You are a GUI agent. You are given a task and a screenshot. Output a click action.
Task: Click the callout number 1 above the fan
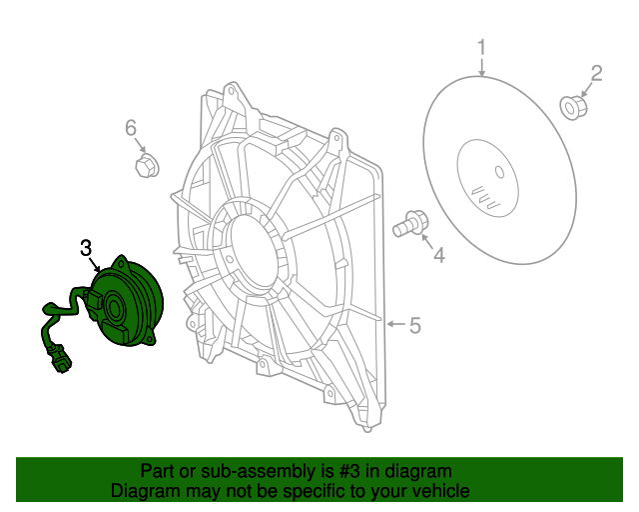pyautogui.click(x=482, y=47)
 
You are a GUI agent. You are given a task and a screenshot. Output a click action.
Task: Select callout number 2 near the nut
pyautogui.click(x=596, y=73)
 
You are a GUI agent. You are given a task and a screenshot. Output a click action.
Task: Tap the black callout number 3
pyautogui.click(x=86, y=248)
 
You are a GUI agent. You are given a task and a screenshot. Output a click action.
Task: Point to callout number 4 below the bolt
pyautogui.click(x=439, y=256)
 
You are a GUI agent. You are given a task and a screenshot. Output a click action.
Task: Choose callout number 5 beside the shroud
pyautogui.click(x=415, y=325)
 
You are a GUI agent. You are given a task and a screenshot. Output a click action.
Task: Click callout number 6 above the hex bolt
pyautogui.click(x=131, y=128)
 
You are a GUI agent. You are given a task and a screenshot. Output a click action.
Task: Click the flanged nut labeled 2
pyautogui.click(x=574, y=108)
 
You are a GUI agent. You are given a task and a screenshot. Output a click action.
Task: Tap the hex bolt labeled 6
pyautogui.click(x=147, y=165)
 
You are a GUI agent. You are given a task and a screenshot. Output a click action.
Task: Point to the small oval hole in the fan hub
pyautogui.click(x=499, y=172)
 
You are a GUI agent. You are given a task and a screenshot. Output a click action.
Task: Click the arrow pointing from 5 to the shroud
pyautogui.click(x=395, y=324)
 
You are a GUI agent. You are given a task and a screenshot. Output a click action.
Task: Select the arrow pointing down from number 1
pyautogui.click(x=482, y=67)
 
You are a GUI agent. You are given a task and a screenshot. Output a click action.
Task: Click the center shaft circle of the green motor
pyautogui.click(x=114, y=307)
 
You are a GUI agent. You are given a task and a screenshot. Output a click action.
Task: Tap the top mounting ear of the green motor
pyautogui.click(x=122, y=262)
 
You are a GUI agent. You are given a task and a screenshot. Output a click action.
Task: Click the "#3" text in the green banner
pyautogui.click(x=349, y=471)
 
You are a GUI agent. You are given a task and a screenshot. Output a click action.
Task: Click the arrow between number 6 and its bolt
pyautogui.click(x=140, y=144)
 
